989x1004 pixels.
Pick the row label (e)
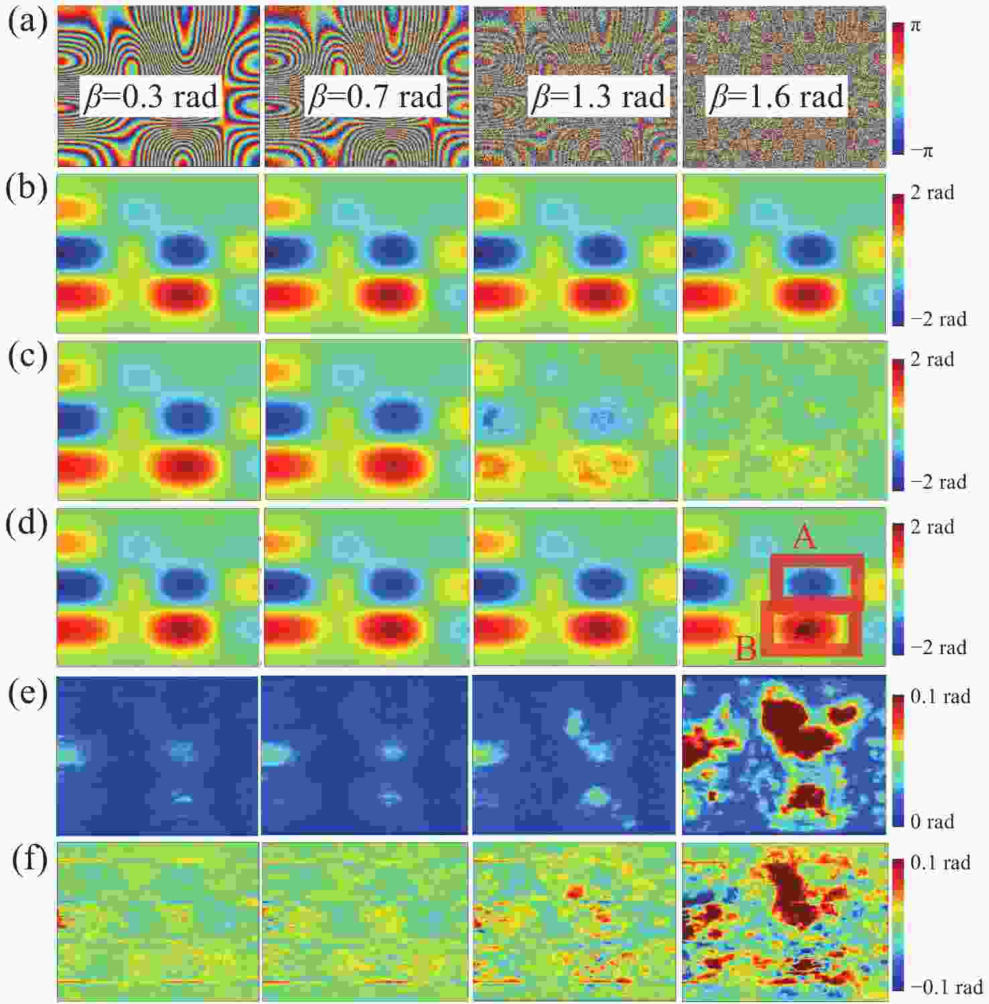[28, 694]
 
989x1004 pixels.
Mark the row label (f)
[30, 861]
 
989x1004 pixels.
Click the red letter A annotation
[804, 537]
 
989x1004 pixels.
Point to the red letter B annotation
[746, 648]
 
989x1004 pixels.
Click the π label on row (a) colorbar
[915, 26]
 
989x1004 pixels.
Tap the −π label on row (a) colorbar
[921, 151]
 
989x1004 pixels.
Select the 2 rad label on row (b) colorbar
[932, 193]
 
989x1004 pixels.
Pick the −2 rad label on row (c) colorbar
[938, 483]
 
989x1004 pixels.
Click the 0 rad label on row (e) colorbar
[932, 822]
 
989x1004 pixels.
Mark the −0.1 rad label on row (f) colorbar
[946, 987]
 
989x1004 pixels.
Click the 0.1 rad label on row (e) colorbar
[940, 697]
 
